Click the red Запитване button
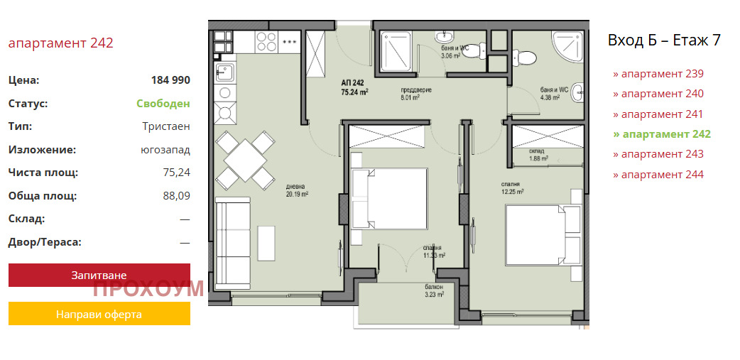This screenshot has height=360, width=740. click(99, 275)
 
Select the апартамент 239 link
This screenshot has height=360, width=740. click(658, 74)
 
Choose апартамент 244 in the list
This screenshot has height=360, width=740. click(658, 175)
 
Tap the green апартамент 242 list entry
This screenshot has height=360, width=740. click(662, 134)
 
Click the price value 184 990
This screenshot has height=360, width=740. click(170, 80)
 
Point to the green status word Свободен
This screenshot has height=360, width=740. click(163, 104)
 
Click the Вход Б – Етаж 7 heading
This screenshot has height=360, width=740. click(664, 40)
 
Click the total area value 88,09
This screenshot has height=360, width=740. click(177, 196)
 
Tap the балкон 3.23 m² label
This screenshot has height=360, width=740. click(434, 290)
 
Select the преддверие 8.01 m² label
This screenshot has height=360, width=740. click(416, 94)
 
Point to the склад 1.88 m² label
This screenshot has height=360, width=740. click(538, 155)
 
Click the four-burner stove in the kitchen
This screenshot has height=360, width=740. click(266, 42)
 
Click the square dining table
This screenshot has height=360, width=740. click(246, 160)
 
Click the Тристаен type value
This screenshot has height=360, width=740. click(166, 126)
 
